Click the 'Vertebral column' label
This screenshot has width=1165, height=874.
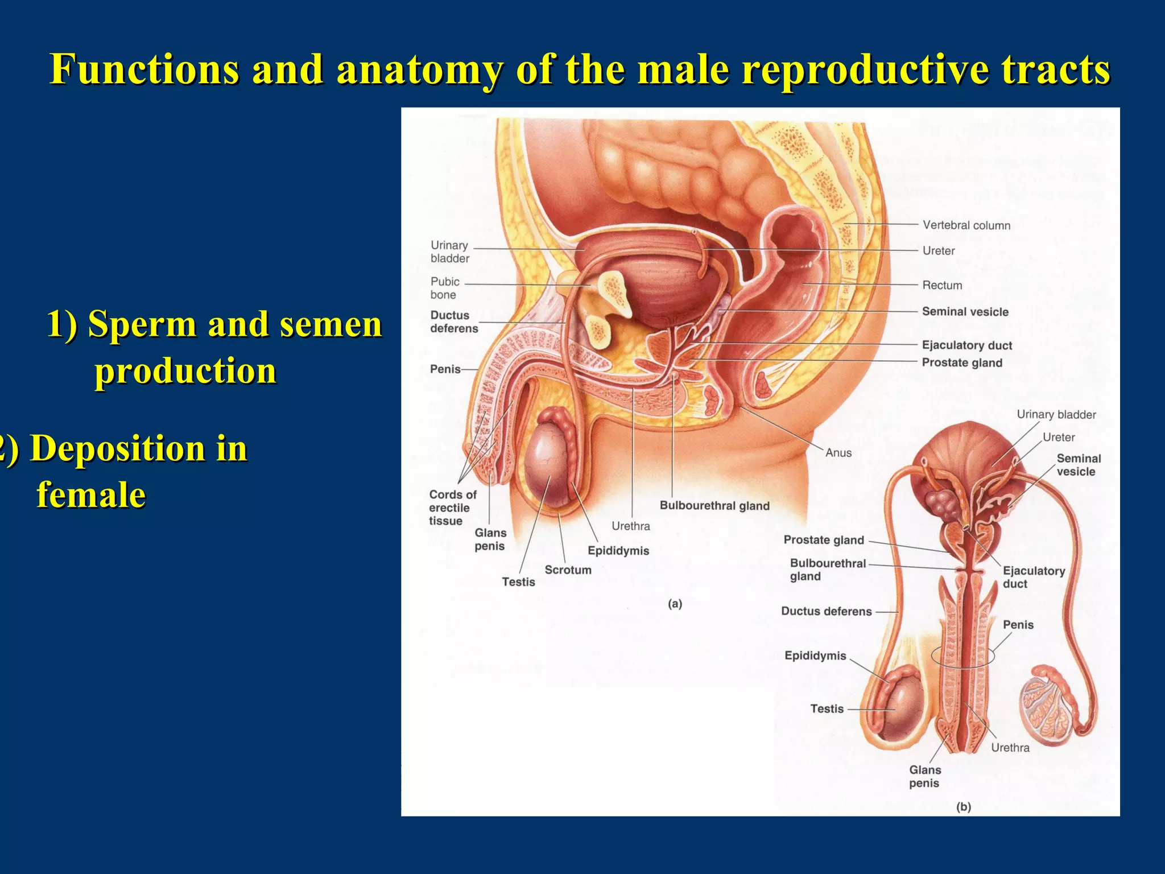pos(966,225)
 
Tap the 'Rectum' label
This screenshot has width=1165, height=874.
pos(942,285)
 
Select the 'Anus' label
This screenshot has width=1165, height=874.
pos(838,453)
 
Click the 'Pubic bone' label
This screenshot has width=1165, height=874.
pos(444,288)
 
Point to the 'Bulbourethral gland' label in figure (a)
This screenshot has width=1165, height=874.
pos(714,506)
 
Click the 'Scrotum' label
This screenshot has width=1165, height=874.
pos(568,570)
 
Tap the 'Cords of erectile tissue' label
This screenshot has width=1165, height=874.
pos(452,508)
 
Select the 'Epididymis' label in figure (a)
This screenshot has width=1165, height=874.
pos(618,551)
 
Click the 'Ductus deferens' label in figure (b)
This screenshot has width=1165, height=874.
pos(826,611)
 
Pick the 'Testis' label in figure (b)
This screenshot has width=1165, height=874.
pos(827,709)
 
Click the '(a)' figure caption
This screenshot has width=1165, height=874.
pos(675,604)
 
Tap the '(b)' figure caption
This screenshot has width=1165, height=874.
pos(963,807)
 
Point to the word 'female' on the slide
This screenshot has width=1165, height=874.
pos(91,494)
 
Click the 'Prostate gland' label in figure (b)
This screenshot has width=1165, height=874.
pos(823,540)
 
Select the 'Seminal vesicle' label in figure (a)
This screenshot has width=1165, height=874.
pos(965,312)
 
